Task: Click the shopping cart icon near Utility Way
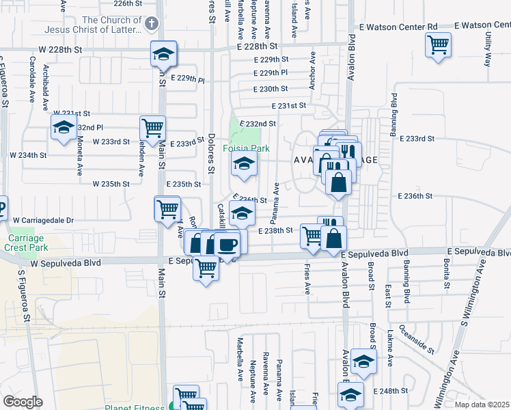438,46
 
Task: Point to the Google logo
23,402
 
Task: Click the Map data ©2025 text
482,405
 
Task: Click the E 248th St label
391,391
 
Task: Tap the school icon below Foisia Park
244,163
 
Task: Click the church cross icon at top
150,23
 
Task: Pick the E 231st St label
288,106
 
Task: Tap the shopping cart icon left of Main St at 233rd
152,127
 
